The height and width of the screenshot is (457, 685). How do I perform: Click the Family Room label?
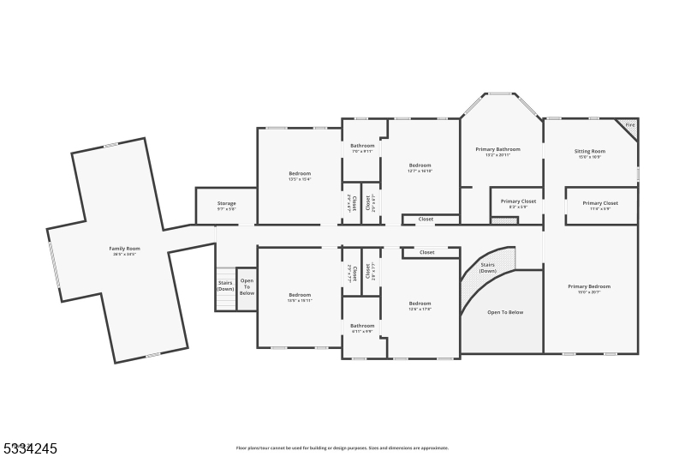[x=124, y=249]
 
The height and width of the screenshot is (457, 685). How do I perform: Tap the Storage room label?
[x=226, y=204]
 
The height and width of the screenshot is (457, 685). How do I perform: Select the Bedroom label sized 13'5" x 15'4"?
[x=300, y=174]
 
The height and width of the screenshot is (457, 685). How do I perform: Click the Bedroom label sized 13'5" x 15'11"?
[x=300, y=296]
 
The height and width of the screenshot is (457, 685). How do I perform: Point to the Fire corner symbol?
[x=629, y=125]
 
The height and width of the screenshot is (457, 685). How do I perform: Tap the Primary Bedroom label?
[x=589, y=287]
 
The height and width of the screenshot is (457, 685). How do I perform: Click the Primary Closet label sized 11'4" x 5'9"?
[x=600, y=204]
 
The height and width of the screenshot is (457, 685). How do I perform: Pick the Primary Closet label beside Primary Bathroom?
[x=518, y=202]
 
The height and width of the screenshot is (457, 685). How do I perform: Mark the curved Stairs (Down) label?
[x=488, y=268]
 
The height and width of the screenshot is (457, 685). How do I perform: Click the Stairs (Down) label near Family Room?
[x=225, y=285]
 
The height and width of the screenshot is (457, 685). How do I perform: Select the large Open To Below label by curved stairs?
[x=505, y=312]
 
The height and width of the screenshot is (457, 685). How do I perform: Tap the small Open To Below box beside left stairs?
[x=247, y=287]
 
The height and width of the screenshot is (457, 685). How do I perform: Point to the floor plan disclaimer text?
[x=342, y=448]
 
